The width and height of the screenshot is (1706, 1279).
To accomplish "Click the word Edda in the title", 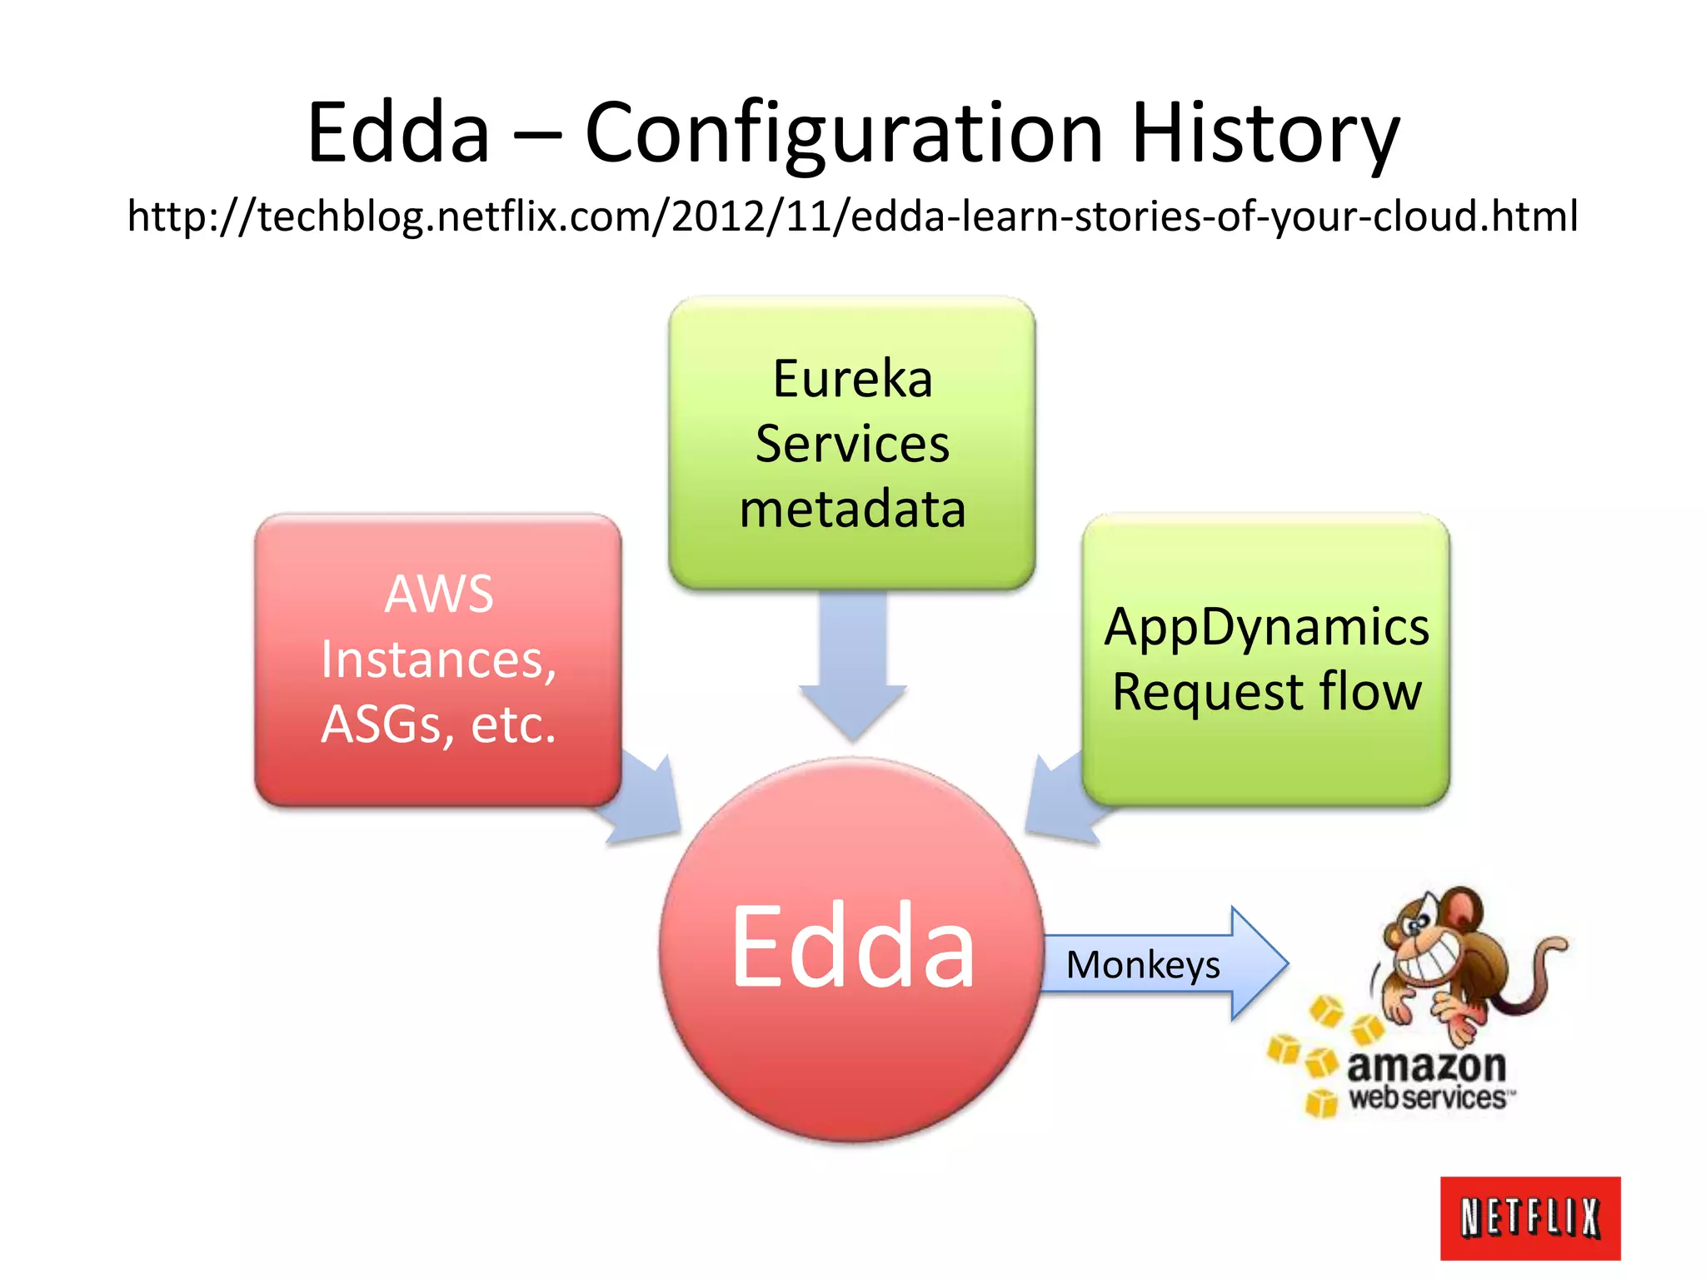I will [398, 133].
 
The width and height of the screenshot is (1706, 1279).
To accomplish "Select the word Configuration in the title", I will [844, 133].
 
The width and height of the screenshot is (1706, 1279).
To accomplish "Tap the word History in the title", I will [1265, 133].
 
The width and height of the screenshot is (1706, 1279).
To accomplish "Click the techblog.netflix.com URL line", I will [852, 216].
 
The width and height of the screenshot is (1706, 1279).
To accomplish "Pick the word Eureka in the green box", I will [852, 379].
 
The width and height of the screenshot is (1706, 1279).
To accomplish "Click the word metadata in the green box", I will [852, 509].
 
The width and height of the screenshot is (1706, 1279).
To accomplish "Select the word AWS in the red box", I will [439, 595].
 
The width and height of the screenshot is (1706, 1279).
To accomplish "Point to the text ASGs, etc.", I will [439, 724].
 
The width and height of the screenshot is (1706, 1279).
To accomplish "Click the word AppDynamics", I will [1266, 627].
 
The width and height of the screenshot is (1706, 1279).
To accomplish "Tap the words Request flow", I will [1266, 692].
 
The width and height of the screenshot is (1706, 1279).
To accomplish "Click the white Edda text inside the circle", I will [852, 948].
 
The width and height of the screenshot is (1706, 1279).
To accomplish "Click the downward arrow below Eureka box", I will [852, 666].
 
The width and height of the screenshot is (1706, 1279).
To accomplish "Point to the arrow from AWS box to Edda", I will [646, 804].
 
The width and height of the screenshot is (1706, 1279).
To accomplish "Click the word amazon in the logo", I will [1426, 1066].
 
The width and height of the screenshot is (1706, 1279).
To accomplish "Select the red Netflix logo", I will [1530, 1217].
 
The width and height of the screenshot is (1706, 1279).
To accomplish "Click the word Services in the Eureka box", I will [852, 444].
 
